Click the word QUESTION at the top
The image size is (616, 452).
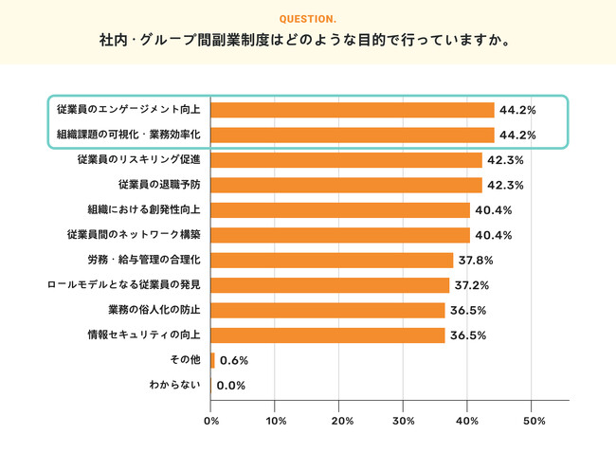click(x=308, y=19)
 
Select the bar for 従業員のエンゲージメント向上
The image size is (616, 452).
click(x=352, y=110)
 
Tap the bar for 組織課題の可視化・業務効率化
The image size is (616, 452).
click(x=352, y=135)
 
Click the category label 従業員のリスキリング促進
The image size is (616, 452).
click(x=138, y=160)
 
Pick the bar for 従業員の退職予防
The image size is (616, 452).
click(x=346, y=185)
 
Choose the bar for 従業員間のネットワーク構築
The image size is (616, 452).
click(x=340, y=235)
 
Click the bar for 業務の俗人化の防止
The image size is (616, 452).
click(x=328, y=310)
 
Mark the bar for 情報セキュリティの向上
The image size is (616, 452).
click(x=328, y=335)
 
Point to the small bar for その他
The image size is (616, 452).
click(x=213, y=360)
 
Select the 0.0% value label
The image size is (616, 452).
click(x=231, y=386)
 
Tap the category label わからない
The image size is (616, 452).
click(x=174, y=385)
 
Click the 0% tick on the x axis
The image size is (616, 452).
click(x=211, y=420)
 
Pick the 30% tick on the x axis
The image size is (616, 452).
click(x=404, y=420)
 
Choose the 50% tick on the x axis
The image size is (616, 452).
click(x=533, y=420)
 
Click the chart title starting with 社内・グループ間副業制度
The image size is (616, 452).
click(x=308, y=42)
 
